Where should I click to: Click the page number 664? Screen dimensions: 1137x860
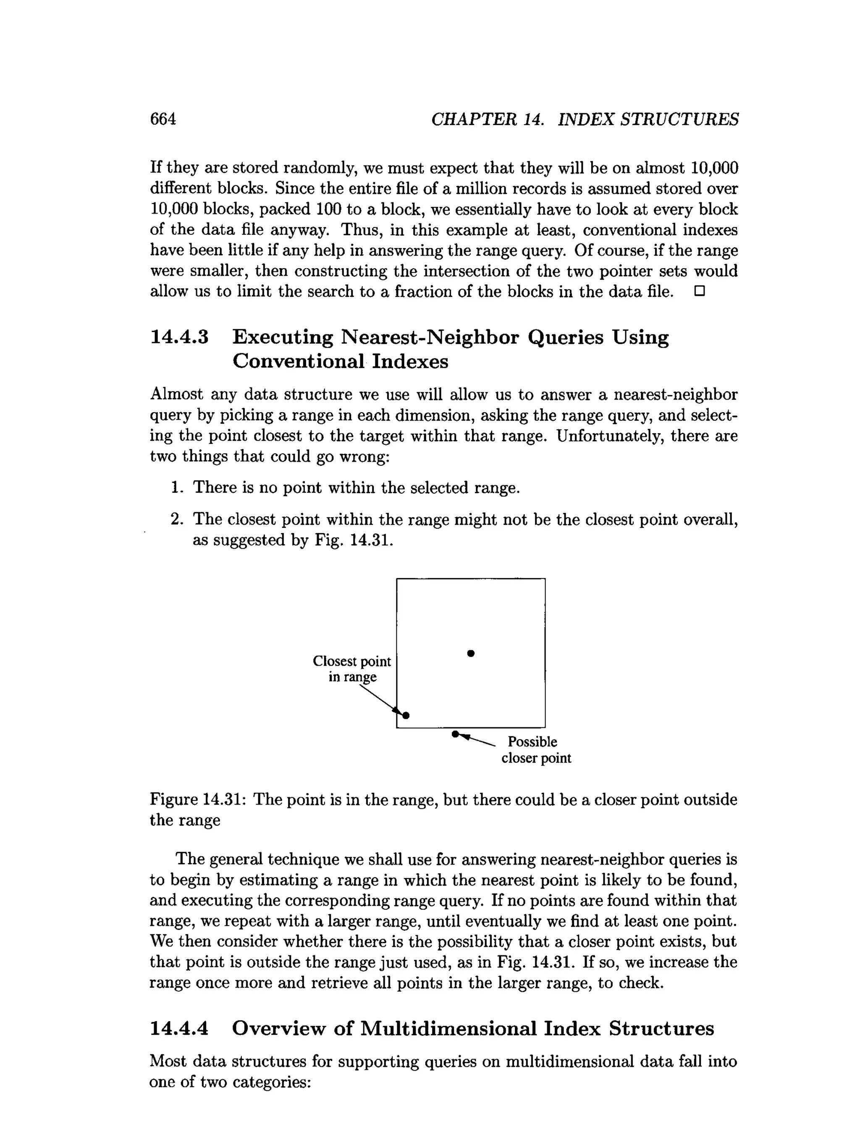(163, 119)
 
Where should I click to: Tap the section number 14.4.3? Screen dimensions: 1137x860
(179, 338)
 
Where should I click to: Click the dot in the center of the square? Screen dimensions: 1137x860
(471, 653)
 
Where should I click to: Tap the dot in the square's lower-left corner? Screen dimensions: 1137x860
(406, 716)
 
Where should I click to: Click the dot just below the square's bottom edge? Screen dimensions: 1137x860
(455, 734)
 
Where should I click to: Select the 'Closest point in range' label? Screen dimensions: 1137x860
(352, 669)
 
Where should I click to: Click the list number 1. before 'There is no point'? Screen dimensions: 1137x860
(177, 488)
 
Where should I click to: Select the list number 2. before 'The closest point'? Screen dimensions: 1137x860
(177, 520)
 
